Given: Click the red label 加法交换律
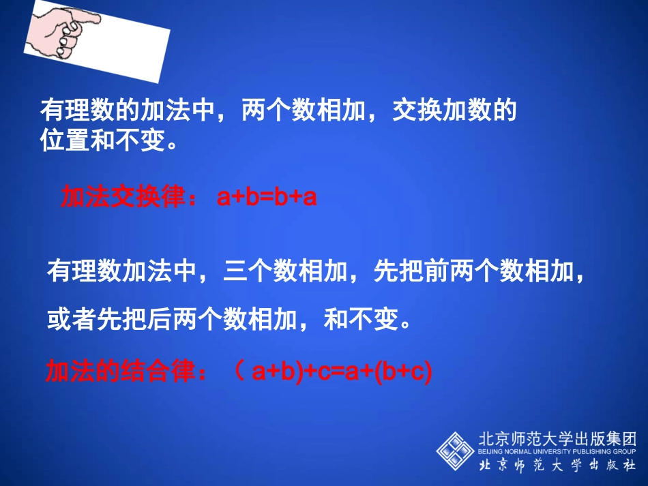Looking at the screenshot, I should point(122,198).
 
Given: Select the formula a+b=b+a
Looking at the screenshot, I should point(267,198).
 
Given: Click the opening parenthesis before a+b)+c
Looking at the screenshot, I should point(239,373).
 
